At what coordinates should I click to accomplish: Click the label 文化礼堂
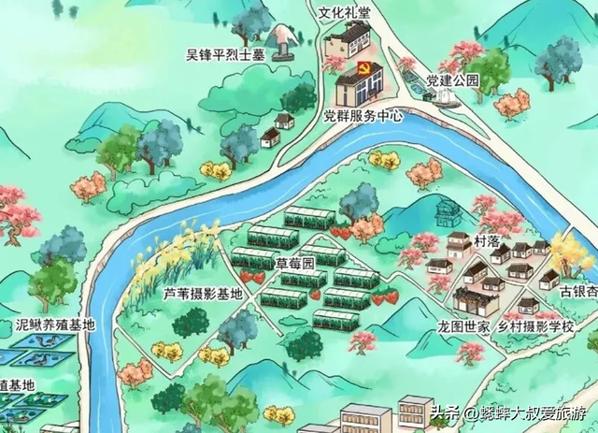(x=345, y=13)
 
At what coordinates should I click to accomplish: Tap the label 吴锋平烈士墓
(x=226, y=53)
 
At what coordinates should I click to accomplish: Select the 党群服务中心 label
(x=363, y=117)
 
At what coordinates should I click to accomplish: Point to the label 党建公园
(x=452, y=80)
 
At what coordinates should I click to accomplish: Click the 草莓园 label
(x=296, y=265)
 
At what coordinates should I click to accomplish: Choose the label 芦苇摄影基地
(x=203, y=293)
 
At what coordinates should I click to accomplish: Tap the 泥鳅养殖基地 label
(x=55, y=325)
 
